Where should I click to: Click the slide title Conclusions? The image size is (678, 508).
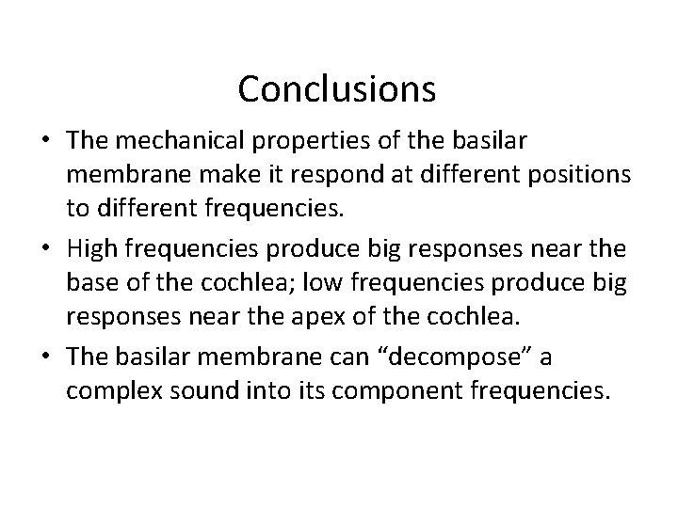click(x=337, y=88)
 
